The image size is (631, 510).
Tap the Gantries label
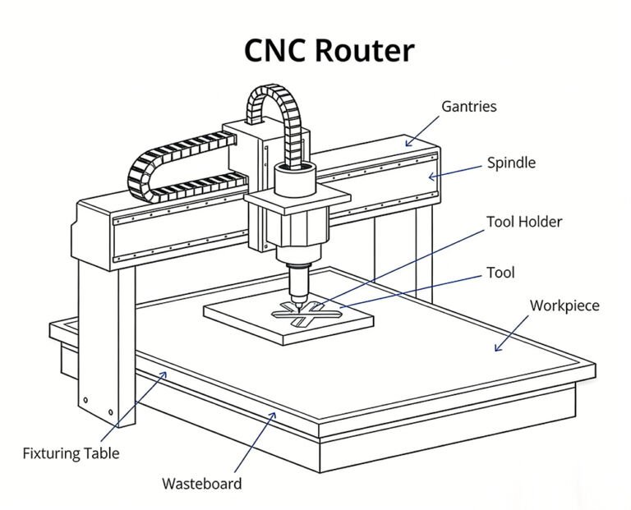[x=469, y=107]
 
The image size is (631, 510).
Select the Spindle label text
[x=511, y=163]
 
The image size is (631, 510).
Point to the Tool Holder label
[x=524, y=222]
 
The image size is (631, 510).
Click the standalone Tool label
[x=500, y=272]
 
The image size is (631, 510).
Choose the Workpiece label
[x=564, y=306]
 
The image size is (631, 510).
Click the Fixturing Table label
[x=71, y=453]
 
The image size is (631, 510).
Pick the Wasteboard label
[x=202, y=483]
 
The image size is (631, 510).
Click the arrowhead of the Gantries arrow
[x=406, y=144]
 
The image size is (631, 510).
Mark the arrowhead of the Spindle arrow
[x=431, y=176]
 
